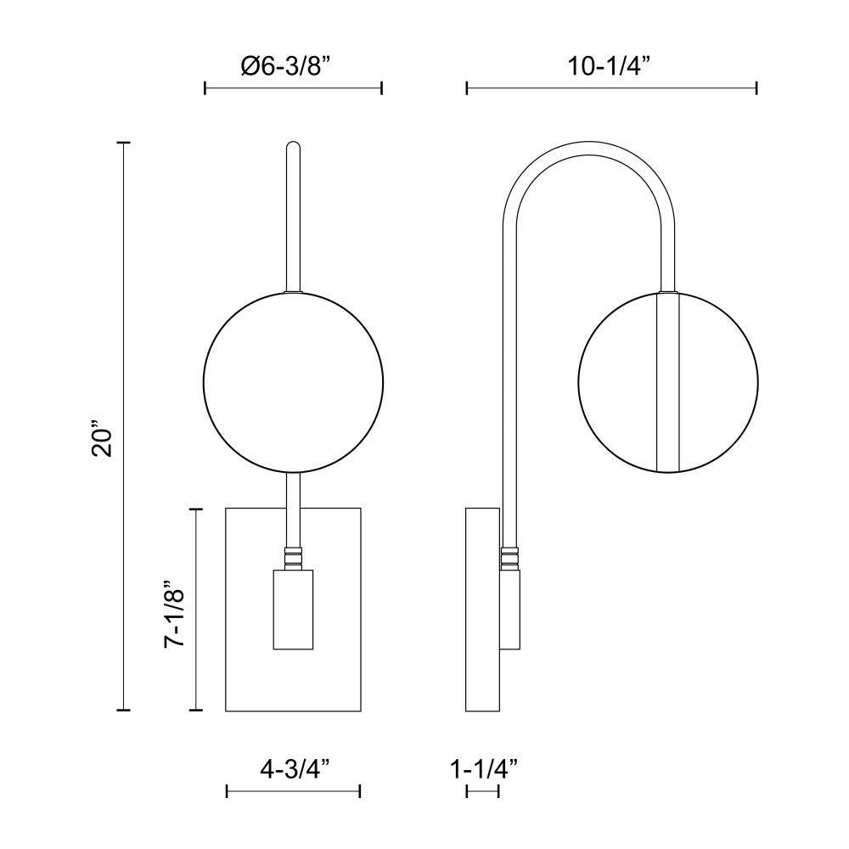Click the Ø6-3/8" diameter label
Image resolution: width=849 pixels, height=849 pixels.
(293, 67)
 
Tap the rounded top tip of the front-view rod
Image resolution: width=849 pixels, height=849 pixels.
(293, 145)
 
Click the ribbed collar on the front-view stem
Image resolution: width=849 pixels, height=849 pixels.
(293, 557)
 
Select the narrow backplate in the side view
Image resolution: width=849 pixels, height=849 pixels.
(481, 610)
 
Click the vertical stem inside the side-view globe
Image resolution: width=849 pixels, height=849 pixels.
(669, 382)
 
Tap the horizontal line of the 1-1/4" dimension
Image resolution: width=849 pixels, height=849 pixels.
(482, 791)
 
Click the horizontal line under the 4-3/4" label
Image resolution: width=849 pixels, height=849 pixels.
(294, 791)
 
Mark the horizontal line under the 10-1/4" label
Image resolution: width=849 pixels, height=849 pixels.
(611, 87)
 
